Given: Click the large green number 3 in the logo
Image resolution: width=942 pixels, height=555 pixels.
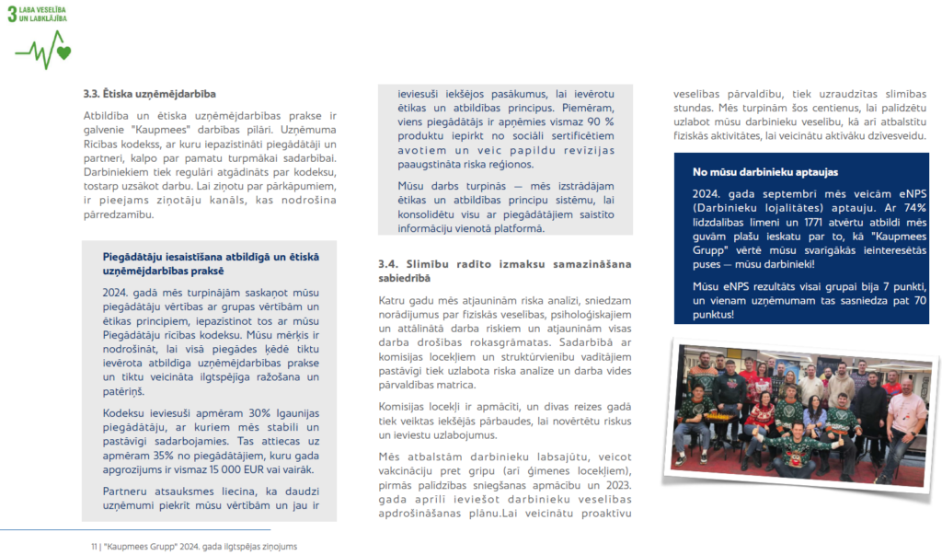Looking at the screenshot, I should pyautogui.click(x=13, y=16).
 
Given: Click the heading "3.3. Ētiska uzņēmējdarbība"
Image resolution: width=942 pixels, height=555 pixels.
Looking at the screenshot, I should pyautogui.click(x=150, y=94).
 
